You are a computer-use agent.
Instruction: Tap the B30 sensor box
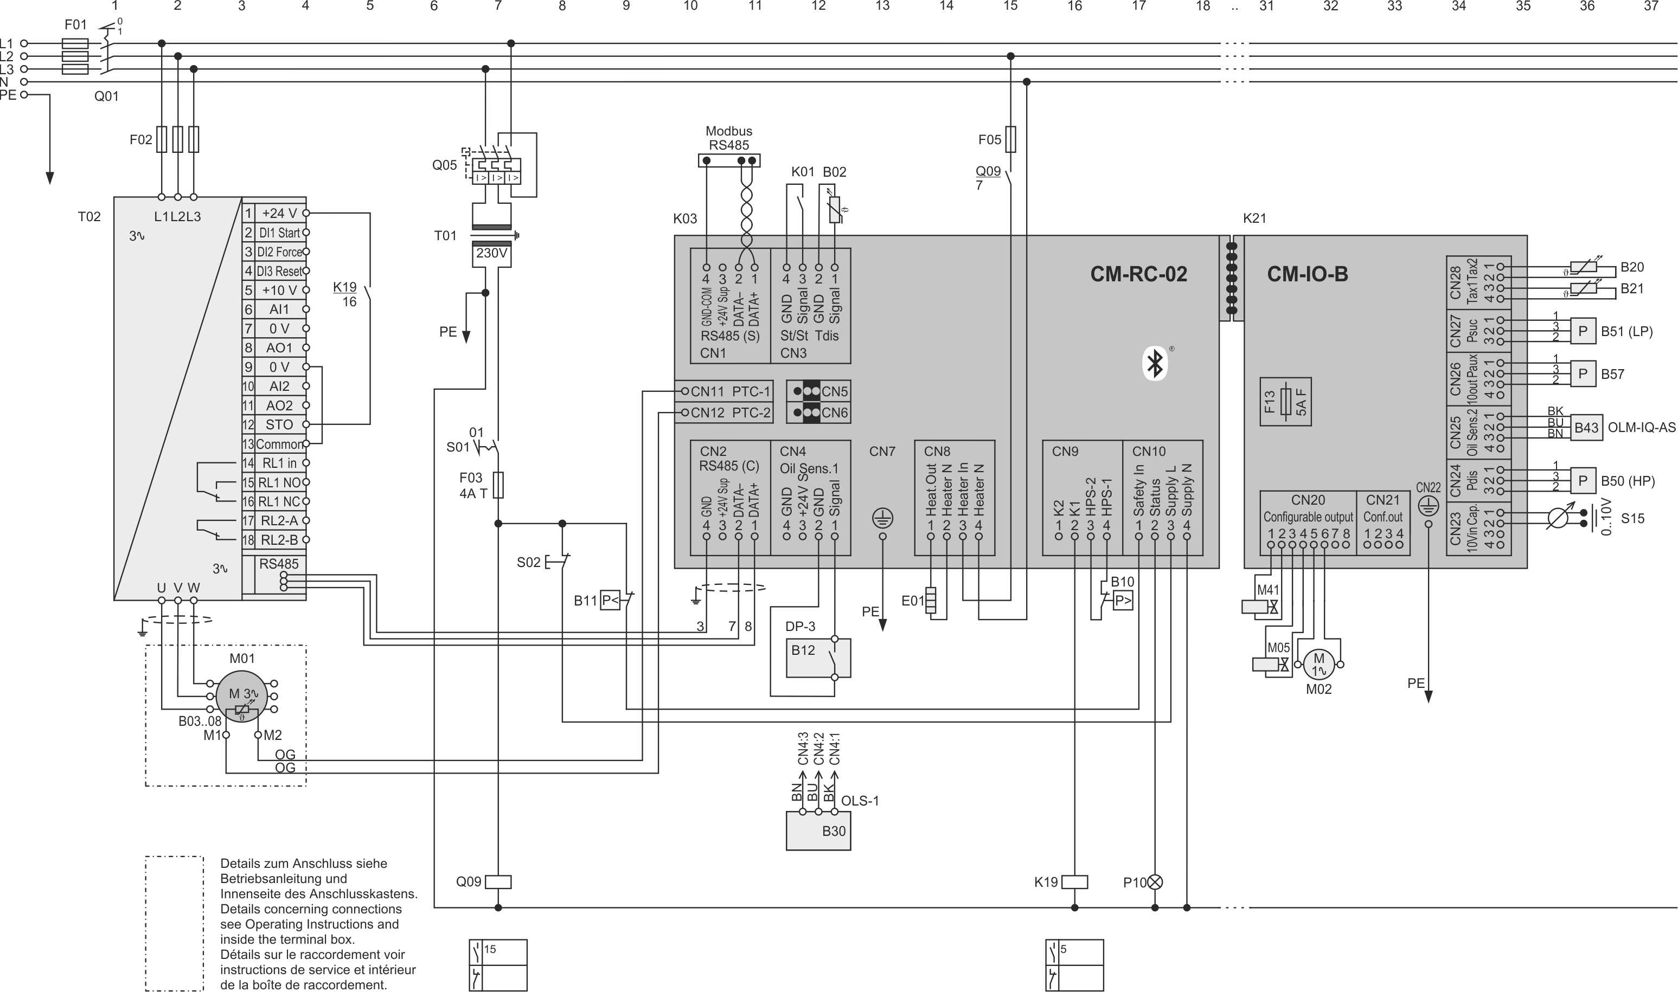(x=818, y=831)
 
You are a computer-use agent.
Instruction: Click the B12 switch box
(x=818, y=658)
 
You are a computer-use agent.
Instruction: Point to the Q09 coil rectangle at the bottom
(x=497, y=882)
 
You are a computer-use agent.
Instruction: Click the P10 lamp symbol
(x=1155, y=883)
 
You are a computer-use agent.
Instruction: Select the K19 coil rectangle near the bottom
(x=1074, y=882)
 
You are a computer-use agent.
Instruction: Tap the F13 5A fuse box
(x=1285, y=402)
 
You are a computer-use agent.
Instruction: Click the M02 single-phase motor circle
(x=1318, y=665)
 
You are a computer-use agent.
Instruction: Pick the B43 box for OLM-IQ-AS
(x=1586, y=427)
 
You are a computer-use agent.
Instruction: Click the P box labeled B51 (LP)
(x=1583, y=331)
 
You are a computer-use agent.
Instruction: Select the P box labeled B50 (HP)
(x=1583, y=481)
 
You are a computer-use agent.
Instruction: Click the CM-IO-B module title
(x=1307, y=274)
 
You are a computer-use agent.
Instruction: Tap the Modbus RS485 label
(x=729, y=138)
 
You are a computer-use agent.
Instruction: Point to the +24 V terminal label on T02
(x=279, y=213)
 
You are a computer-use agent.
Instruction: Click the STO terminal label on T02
(x=279, y=424)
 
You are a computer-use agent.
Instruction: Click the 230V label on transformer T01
(x=491, y=253)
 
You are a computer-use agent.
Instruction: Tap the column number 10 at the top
(x=690, y=6)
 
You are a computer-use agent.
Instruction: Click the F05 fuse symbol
(x=1010, y=139)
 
